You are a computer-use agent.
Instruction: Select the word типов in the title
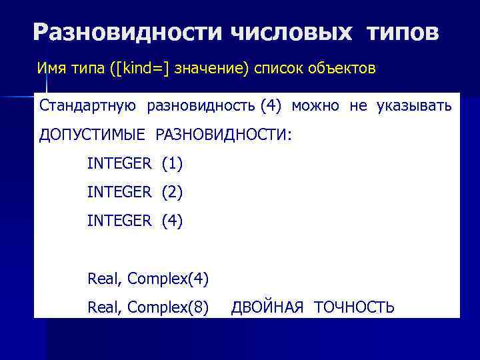tap(402, 32)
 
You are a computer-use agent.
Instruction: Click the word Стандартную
tap(88, 105)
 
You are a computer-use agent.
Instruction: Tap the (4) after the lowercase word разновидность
tap(271, 105)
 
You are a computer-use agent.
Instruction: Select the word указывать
tap(414, 105)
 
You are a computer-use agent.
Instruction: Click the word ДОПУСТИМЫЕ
tap(93, 135)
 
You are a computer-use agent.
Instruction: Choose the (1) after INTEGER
tap(171, 163)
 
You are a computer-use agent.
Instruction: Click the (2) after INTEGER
tap(171, 192)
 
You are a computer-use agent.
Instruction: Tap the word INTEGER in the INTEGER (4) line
tap(119, 221)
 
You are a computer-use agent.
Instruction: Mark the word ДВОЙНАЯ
tap(267, 307)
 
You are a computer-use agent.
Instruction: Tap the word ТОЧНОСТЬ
tap(354, 307)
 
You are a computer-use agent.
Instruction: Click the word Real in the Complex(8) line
tap(103, 307)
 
